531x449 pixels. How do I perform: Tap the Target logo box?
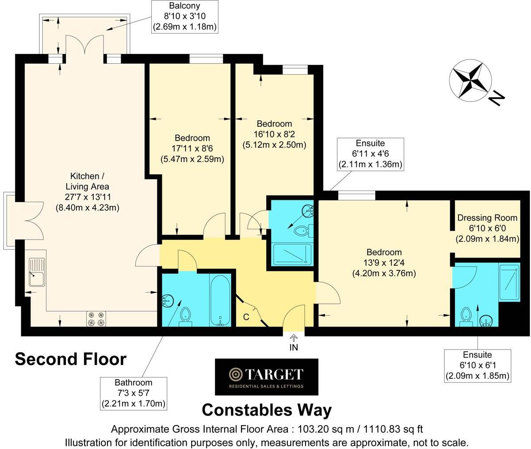pos(266,377)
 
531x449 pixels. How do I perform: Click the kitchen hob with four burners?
pos(96,319)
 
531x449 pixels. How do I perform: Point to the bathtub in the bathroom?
pos(220,300)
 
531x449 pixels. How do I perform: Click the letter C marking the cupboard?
pos(246,317)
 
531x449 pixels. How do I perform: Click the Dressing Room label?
pos(487,218)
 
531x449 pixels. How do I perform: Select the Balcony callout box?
pos(184,17)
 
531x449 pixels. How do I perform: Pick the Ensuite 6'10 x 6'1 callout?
pos(478,365)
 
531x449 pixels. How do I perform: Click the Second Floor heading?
pos(71,359)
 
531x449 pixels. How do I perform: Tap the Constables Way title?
pos(267,410)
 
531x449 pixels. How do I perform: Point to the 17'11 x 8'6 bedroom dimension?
pos(192,148)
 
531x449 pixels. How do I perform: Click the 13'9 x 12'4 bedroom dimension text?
pos(384,263)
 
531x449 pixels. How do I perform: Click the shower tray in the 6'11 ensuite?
pos(292,255)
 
